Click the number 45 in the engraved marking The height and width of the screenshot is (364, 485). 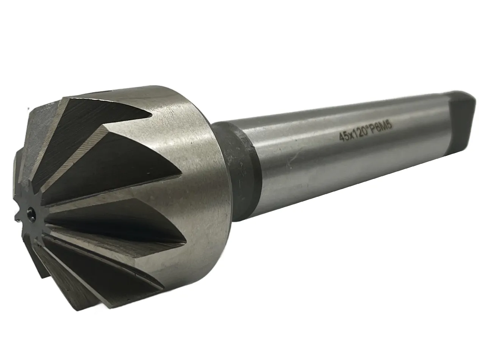click(344, 138)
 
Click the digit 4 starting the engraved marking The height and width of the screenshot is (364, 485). click(341, 139)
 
